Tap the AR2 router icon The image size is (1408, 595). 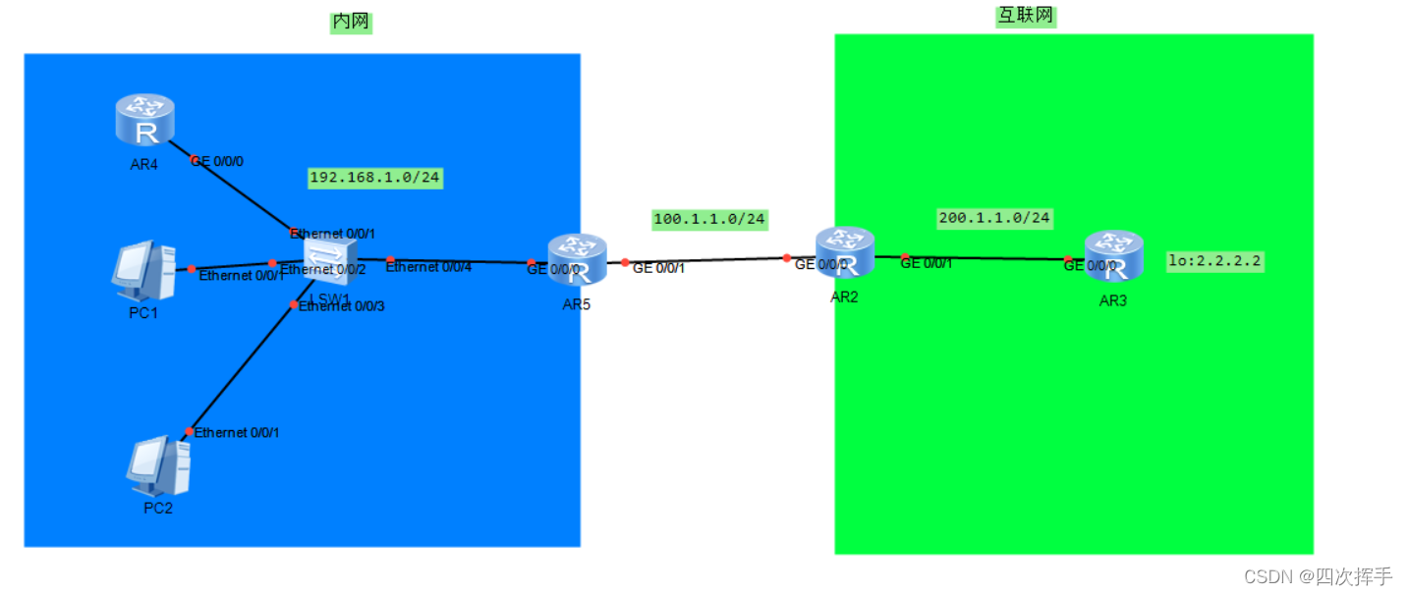pyautogui.click(x=844, y=253)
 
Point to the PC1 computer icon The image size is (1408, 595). pyautogui.click(x=143, y=270)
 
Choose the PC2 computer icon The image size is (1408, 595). pyautogui.click(x=158, y=466)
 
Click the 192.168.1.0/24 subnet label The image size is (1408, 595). pyautogui.click(x=374, y=178)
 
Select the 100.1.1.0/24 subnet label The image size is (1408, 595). pyautogui.click(x=709, y=219)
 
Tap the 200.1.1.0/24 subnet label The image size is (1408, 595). pyautogui.click(x=994, y=217)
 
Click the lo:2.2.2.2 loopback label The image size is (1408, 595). pyautogui.click(x=1214, y=261)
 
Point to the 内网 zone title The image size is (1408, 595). pyautogui.click(x=351, y=22)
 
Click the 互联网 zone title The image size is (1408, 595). pyautogui.click(x=1025, y=15)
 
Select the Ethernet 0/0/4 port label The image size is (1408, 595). pyautogui.click(x=428, y=266)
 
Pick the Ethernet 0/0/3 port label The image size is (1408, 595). pyautogui.click(x=342, y=306)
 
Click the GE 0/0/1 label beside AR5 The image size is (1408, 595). pyautogui.click(x=658, y=268)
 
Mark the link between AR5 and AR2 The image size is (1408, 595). pyautogui.click(x=705, y=261)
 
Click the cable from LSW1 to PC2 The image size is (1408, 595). pyautogui.click(x=242, y=368)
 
